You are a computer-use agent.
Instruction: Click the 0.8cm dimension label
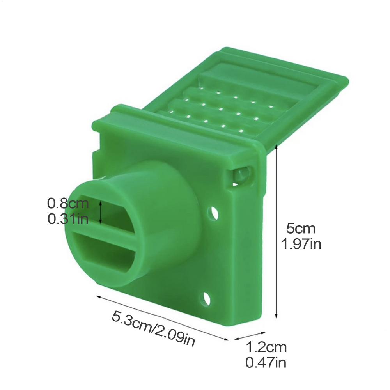[x=68, y=204]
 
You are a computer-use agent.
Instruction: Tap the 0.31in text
[x=68, y=219]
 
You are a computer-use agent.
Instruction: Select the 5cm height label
[x=301, y=229]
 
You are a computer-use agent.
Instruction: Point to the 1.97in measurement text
[x=301, y=244]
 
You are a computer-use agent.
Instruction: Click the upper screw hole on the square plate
[x=213, y=213]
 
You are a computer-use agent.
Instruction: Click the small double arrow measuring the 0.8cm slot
[x=101, y=213]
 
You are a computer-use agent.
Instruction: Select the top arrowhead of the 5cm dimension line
[x=276, y=147]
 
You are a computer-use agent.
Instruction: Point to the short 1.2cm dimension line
[x=250, y=336]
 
